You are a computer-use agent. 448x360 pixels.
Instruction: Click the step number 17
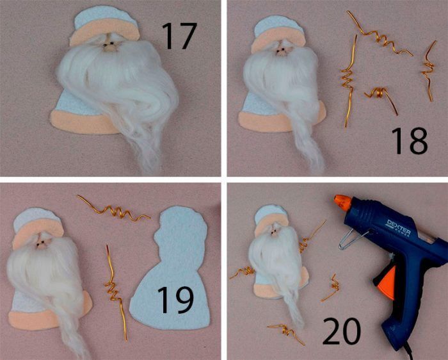tap(179, 35)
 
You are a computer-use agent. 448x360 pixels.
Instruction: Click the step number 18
tap(409, 141)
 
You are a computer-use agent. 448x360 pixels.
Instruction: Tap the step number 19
tap(175, 300)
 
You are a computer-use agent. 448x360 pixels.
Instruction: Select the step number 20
tap(342, 331)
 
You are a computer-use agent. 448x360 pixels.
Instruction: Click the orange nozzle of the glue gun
tap(342, 202)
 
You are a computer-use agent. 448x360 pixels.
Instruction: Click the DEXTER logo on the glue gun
tap(399, 227)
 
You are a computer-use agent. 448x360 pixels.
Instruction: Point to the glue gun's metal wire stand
tap(351, 240)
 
